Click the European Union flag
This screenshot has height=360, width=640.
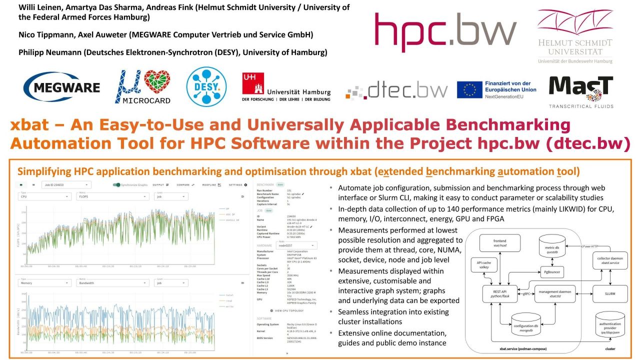[x=469, y=89]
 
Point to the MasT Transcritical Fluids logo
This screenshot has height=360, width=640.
[x=580, y=91]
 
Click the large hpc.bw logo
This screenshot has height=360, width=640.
[x=445, y=32]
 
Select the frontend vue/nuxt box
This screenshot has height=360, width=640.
[x=499, y=243]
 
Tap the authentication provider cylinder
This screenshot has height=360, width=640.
[x=609, y=327]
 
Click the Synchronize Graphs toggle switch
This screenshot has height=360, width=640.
[x=116, y=185]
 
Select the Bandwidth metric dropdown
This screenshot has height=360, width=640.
[x=112, y=282]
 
